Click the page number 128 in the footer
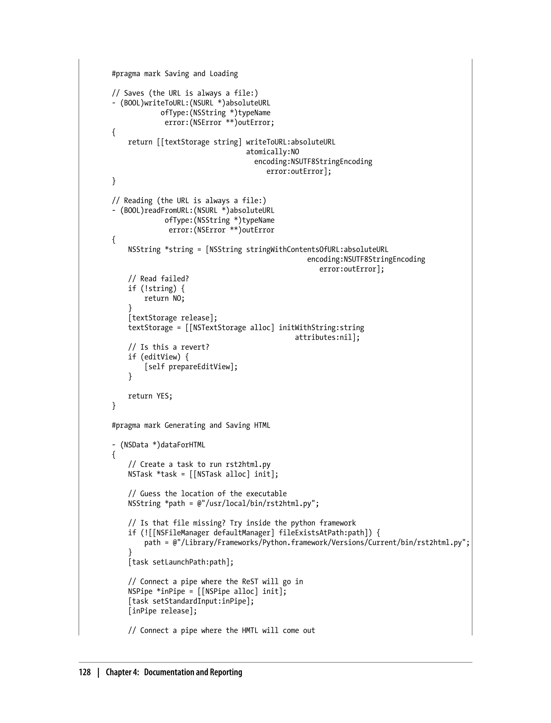[x=85, y=672]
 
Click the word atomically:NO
[x=273, y=152]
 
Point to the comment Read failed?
[x=158, y=279]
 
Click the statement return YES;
[x=150, y=396]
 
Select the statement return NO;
[x=164, y=298]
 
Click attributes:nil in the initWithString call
[x=327, y=337]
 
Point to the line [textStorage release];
[x=172, y=318]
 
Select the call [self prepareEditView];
[x=191, y=367]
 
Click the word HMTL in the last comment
[x=250, y=630]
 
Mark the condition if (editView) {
[x=158, y=357]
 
